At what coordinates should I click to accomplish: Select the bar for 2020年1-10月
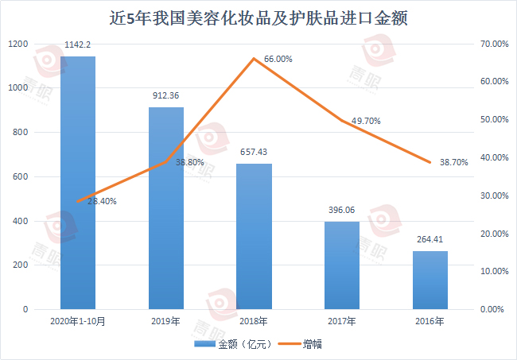[x=78, y=183]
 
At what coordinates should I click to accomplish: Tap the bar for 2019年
[x=166, y=208]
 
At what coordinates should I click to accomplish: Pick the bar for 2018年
[x=254, y=236]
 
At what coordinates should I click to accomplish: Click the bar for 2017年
[x=342, y=265]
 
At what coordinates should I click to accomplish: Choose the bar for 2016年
[x=430, y=280]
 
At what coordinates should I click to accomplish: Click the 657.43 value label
[x=254, y=153]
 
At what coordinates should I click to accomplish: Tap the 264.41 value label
[x=430, y=239]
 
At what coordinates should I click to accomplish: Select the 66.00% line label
[x=278, y=59]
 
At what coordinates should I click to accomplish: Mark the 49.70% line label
[x=365, y=121]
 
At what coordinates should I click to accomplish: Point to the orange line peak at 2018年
[x=254, y=59]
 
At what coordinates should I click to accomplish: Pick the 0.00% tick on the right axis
[x=496, y=309]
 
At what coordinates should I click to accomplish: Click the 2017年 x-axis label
[x=342, y=322]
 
